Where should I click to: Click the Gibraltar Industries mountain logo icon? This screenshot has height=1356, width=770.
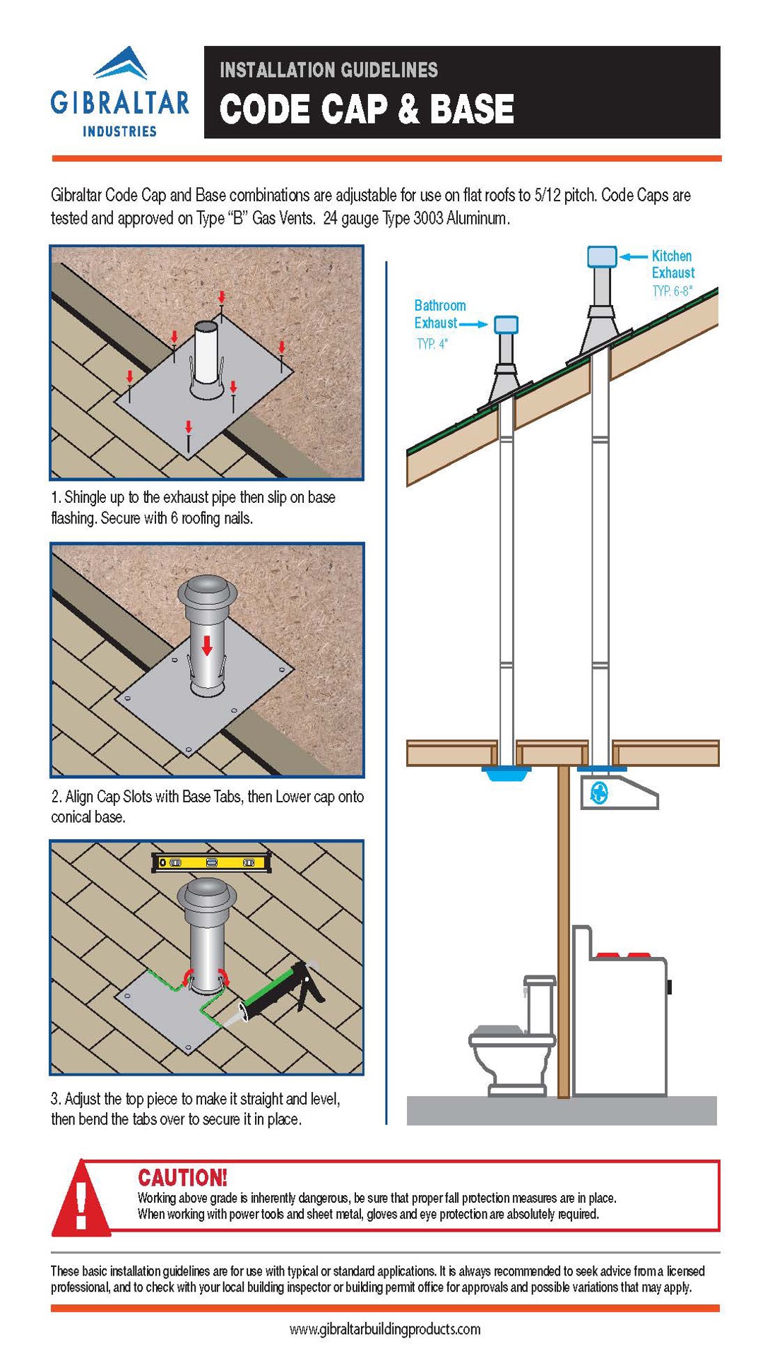tap(120, 64)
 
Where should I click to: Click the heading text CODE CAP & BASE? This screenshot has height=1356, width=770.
tap(366, 109)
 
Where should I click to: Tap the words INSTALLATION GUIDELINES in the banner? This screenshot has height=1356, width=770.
tap(328, 70)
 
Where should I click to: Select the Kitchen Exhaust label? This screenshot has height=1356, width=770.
tap(672, 264)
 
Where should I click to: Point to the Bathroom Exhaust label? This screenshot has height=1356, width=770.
tap(439, 314)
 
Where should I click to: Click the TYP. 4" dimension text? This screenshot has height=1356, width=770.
tap(432, 345)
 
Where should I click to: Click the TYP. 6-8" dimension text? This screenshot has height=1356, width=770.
tap(672, 291)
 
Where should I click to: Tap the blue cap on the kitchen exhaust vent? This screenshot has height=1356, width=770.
tap(602, 256)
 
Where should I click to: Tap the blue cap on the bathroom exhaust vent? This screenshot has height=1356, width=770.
tap(506, 325)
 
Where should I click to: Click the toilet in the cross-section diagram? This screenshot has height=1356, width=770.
tap(512, 1038)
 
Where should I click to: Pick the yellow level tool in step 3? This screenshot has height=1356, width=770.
tap(212, 862)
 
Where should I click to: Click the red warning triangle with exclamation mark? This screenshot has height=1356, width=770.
tap(81, 1200)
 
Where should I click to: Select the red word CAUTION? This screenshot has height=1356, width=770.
tap(182, 1177)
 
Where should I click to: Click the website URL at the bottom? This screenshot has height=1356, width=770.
tap(385, 1329)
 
